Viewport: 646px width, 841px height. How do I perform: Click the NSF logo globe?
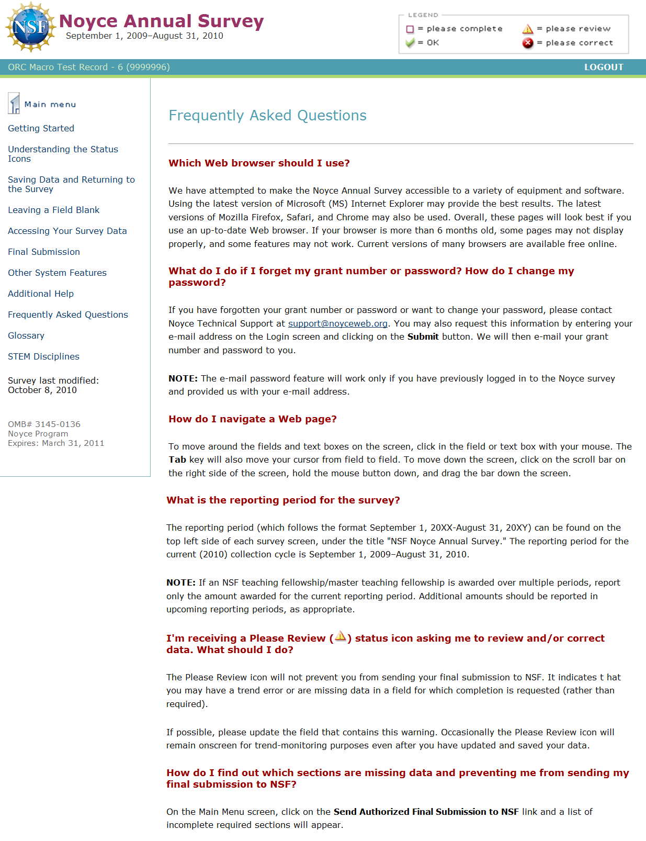(30, 27)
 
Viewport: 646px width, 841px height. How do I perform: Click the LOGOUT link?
(604, 67)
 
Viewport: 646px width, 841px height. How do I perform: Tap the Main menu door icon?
(14, 104)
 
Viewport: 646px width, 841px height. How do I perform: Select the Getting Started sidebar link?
(41, 128)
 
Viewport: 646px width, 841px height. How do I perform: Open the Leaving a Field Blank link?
(53, 210)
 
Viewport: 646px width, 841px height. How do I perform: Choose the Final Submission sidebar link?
(44, 252)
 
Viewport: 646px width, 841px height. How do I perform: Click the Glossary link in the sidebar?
(26, 335)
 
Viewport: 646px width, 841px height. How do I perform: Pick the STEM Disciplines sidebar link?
(43, 356)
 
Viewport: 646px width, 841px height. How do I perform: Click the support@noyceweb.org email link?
(338, 323)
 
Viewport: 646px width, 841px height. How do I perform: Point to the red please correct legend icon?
(528, 43)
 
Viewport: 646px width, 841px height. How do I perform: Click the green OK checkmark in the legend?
(410, 43)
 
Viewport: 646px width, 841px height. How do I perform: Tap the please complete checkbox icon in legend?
(410, 29)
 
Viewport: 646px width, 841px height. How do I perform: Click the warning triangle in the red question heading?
(341, 637)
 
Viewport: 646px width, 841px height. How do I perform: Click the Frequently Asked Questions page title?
(267, 115)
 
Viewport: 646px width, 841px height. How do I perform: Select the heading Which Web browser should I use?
(259, 163)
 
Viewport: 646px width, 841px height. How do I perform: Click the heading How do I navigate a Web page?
(252, 419)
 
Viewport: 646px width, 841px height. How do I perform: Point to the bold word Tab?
(177, 459)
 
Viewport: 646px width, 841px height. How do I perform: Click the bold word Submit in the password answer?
(423, 337)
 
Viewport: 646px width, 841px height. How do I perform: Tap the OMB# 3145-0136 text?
(44, 424)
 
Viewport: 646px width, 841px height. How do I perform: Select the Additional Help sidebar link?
(41, 294)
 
